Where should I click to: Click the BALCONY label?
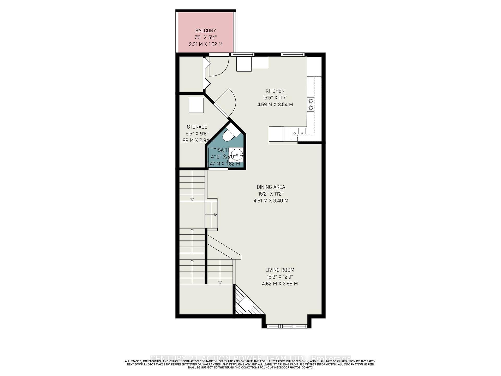tap(206, 31)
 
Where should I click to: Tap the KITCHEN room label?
tap(275, 91)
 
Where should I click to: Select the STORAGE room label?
tap(197, 127)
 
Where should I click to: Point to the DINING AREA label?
tap(271, 187)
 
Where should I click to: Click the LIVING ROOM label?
tap(280, 270)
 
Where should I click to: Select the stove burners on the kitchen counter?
tap(311, 104)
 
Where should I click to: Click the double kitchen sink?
tap(298, 133)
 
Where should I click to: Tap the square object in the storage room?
tap(196, 105)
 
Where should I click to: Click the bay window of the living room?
tap(287, 326)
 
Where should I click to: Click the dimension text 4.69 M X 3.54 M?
tap(275, 105)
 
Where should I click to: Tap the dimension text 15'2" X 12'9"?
tap(280, 277)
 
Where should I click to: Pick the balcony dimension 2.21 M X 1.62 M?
tap(206, 44)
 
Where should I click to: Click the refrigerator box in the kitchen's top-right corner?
tap(314, 66)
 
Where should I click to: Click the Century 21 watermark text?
tap(250, 358)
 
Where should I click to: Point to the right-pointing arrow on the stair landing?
tap(216, 215)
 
